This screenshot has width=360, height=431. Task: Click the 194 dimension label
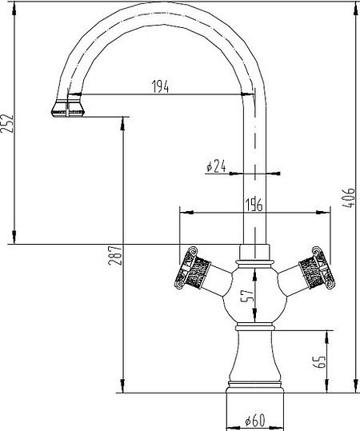[161, 86]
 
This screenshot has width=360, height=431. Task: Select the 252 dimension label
[7, 124]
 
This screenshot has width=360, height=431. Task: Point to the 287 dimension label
[114, 255]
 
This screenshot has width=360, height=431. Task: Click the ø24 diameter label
[216, 166]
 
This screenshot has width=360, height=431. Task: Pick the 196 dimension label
[254, 204]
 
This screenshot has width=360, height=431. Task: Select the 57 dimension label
[246, 296]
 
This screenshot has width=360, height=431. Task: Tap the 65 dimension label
[319, 361]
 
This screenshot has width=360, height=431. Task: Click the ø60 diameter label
[255, 421]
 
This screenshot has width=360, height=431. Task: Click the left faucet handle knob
[192, 269]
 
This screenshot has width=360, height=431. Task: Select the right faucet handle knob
[317, 269]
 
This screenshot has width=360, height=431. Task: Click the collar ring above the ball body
[255, 264]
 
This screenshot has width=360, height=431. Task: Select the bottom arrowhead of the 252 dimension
[14, 237]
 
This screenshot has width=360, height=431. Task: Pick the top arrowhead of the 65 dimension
[327, 337]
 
